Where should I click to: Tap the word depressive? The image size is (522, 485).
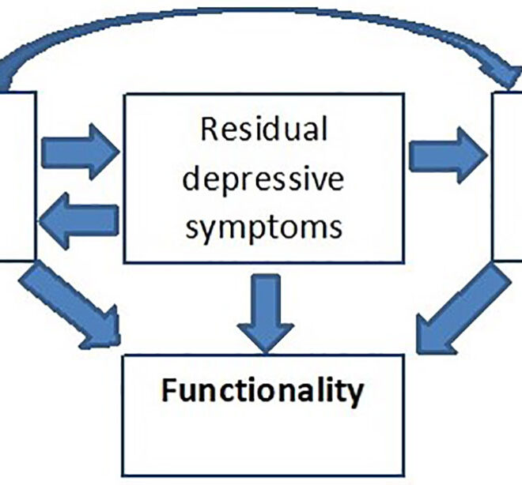pyautogui.click(x=263, y=179)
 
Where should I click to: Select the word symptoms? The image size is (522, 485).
pyautogui.click(x=263, y=227)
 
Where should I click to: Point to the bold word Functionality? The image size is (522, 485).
pyautogui.click(x=263, y=392)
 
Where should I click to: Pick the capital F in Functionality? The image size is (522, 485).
pyautogui.click(x=168, y=391)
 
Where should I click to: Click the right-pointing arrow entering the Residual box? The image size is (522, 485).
pyautogui.click(x=79, y=149)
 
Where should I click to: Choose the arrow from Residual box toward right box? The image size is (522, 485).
pyautogui.click(x=447, y=155)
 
